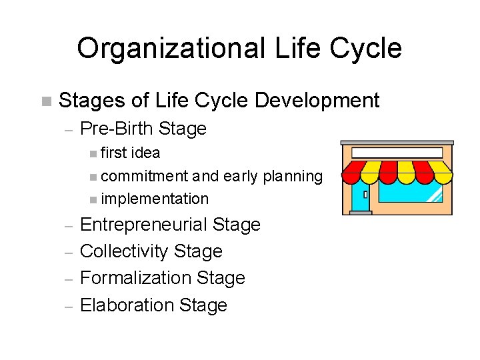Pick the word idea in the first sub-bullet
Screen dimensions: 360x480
pyautogui.click(x=146, y=153)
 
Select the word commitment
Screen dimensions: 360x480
pyautogui.click(x=145, y=176)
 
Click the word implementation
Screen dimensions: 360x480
pyautogui.click(x=155, y=199)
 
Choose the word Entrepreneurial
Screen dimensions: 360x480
pyautogui.click(x=143, y=225)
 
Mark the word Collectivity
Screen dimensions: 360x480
pyautogui.click(x=124, y=251)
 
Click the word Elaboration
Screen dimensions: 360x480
pyautogui.click(x=118, y=305)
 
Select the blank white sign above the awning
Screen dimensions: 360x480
pyautogui.click(x=397, y=153)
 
